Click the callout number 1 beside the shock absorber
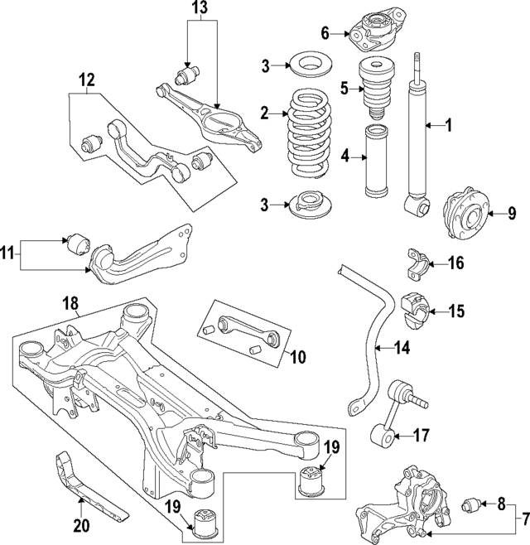click(448, 126)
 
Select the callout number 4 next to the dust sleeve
click(347, 153)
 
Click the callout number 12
click(86, 81)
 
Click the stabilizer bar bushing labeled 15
click(412, 310)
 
